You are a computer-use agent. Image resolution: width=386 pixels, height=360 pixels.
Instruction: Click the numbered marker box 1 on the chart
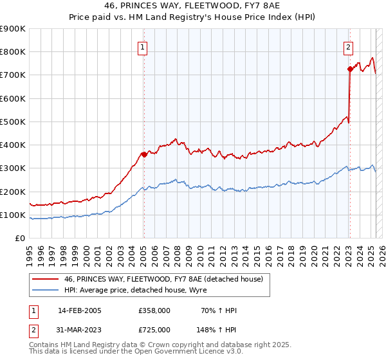click(142, 46)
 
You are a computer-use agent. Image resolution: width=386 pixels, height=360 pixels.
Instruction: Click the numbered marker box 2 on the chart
click(347, 46)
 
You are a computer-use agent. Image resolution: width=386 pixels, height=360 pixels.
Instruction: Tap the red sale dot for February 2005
click(144, 154)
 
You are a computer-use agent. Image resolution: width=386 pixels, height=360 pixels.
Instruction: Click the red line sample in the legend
click(46, 279)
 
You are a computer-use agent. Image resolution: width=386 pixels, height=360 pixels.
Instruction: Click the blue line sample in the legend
click(46, 290)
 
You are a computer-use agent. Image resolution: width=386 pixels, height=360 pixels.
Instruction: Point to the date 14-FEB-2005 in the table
click(79, 310)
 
